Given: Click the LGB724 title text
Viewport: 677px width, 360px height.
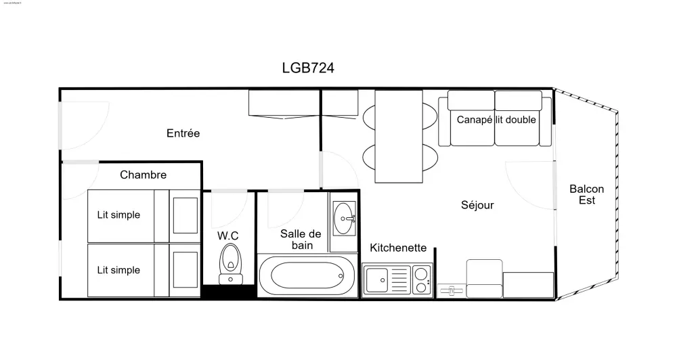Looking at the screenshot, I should point(308,68).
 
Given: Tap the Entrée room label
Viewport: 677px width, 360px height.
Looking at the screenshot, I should point(183,133).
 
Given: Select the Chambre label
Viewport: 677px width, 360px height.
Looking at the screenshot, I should point(143,175).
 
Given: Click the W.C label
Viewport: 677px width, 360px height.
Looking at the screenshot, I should point(227,235).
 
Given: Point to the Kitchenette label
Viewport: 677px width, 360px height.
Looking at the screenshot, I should point(397,248).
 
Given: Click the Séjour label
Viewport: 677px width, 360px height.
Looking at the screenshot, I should point(477,205).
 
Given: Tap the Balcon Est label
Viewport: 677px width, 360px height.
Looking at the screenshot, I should point(586,195).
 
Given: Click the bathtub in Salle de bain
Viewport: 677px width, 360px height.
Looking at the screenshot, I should point(307,276).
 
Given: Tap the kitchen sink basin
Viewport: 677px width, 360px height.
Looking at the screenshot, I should point(376,279).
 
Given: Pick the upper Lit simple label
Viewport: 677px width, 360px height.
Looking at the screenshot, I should point(118,215).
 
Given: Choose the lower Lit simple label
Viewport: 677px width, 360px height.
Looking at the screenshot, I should point(118,270).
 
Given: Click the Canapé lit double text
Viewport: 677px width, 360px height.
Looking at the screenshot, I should point(496,120).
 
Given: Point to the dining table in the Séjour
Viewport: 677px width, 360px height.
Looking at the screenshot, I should point(399,136).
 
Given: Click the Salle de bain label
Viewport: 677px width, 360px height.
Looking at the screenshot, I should point(302,239).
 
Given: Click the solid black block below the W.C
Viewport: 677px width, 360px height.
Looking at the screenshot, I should point(230,292).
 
